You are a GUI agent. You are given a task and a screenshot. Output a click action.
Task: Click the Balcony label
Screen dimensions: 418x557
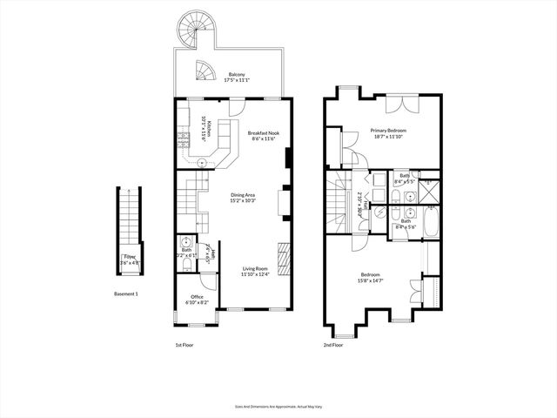[x=236, y=75]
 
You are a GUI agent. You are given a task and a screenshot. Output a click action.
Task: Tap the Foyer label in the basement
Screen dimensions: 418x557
[x=129, y=257]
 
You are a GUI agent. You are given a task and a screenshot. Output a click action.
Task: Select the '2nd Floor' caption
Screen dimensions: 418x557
[x=332, y=345]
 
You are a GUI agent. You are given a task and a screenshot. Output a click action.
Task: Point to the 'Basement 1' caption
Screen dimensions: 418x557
[x=126, y=293]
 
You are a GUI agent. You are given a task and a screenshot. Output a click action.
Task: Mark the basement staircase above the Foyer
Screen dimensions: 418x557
[x=129, y=217]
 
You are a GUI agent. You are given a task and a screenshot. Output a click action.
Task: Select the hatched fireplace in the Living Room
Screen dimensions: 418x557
[x=283, y=258]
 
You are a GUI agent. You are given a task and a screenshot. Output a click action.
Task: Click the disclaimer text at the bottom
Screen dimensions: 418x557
[x=278, y=407]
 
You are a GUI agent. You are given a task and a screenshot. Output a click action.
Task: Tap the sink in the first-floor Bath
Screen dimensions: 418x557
[x=186, y=243]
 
